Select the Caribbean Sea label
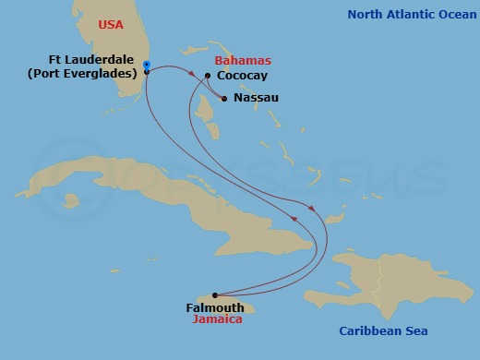383,330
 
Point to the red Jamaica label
217,318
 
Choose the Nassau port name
257,97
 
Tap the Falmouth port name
215,306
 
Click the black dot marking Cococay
208,76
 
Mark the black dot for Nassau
223,96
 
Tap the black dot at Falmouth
214,294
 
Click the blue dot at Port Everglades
147,66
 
